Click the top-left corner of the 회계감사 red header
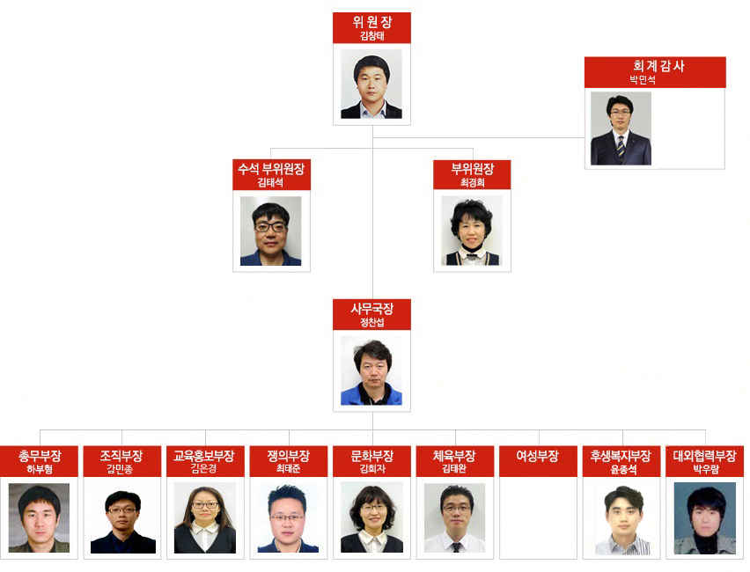[585, 57]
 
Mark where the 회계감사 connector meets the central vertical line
[372, 138]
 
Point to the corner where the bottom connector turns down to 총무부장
[40, 430]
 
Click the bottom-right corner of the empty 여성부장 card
[577, 559]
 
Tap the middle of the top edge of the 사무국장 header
[371, 299]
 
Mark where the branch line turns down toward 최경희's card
[473, 149]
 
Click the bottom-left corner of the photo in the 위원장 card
[341, 118]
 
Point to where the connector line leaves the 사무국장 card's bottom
[372, 412]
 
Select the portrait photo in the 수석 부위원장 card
[271, 231]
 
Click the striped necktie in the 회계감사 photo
[621, 149]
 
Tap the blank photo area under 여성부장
[538, 517]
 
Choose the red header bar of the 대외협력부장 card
[704, 461]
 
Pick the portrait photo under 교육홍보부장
[205, 517]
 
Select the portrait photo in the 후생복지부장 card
[622, 518]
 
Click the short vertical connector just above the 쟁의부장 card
[289, 438]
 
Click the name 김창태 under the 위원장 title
[372, 36]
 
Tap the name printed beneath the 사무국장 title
[372, 322]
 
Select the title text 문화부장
[372, 456]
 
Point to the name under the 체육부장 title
[454, 469]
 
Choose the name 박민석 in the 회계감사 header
[643, 79]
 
